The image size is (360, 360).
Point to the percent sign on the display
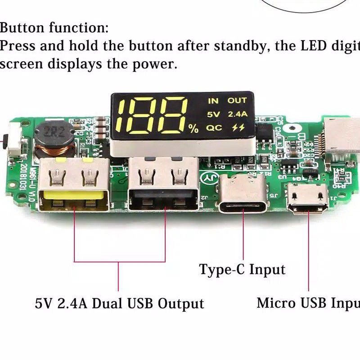coord(193,129)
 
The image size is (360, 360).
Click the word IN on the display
coord(212,101)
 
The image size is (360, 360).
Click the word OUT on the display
coord(237,101)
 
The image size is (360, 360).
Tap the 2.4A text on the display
coord(237,114)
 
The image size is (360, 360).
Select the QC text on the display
coord(214,128)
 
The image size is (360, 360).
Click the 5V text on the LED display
coord(213,114)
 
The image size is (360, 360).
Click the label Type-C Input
coord(242,270)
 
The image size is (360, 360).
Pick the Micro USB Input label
coord(308,302)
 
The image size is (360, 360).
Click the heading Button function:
coord(54,28)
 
